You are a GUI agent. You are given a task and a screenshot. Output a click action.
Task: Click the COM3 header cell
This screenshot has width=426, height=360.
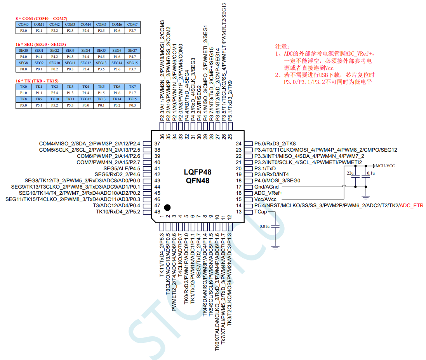click(70, 24)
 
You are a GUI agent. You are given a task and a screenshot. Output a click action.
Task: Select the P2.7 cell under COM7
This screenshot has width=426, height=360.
click(132, 30)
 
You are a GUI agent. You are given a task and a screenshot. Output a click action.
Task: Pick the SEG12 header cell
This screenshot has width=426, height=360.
click(85, 63)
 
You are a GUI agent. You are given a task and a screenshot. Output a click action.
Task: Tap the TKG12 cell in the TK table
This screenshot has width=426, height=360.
click(85, 99)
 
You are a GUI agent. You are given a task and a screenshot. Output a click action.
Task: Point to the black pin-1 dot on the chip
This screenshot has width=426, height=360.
click(167, 207)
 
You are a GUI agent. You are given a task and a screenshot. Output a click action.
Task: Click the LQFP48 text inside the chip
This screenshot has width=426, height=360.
click(198, 172)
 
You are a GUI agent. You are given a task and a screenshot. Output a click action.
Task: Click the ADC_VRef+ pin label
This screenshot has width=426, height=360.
click(268, 193)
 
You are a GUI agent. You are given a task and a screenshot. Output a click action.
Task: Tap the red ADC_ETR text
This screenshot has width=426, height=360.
click(412, 205)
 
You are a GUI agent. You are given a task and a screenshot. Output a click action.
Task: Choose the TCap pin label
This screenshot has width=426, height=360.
click(260, 212)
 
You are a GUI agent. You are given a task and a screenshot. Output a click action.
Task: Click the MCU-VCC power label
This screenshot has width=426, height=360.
click(385, 166)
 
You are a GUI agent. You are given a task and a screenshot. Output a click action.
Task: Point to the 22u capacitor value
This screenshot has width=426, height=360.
click(350, 173)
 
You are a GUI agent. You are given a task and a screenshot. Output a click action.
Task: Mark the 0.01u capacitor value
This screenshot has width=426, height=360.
click(264, 226)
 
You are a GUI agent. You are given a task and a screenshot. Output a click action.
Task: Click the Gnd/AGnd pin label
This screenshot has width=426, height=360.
click(266, 187)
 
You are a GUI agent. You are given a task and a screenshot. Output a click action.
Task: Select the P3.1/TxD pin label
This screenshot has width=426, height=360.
click(265, 168)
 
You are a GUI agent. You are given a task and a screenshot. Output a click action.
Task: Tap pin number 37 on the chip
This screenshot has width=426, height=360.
click(157, 143)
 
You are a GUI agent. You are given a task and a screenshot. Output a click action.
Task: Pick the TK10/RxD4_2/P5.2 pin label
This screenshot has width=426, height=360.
click(118, 211)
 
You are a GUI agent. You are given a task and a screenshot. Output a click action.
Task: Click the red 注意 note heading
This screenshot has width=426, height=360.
click(282, 46)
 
